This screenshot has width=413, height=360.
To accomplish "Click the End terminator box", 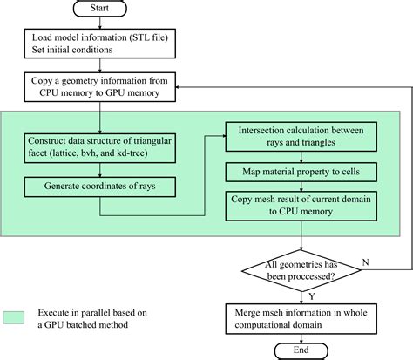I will [300, 350].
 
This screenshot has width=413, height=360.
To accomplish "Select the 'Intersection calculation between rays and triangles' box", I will [300, 136].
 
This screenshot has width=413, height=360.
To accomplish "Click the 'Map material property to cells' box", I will [300, 172].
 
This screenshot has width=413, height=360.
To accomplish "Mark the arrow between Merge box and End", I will [300, 334].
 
